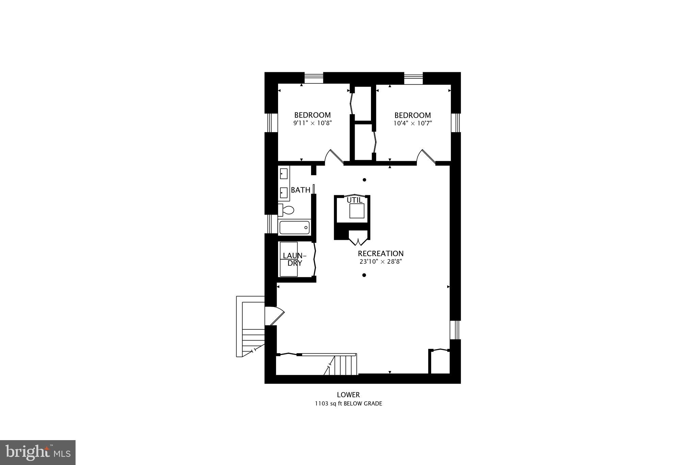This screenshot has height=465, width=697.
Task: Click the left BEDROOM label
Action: click(312, 115)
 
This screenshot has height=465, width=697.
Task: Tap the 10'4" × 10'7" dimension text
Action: click(412, 123)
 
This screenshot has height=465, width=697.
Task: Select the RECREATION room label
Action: click(380, 253)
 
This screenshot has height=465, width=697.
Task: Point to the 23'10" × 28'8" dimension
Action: click(380, 262)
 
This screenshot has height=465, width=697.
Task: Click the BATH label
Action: click(301, 190)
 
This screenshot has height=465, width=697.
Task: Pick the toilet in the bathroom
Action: click(287, 210)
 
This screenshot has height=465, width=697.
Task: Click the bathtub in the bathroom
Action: click(294, 227)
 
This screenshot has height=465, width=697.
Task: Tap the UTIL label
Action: click(355, 200)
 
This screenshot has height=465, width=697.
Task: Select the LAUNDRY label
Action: click(294, 259)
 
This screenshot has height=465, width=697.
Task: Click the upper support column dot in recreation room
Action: click(364, 180)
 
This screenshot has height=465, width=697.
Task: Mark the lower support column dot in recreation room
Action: click(364, 275)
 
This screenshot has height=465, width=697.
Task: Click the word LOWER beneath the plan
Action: click(348, 395)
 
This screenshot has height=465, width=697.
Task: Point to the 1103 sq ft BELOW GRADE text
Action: click(348, 404)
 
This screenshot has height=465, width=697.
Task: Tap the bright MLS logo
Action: click(38, 452)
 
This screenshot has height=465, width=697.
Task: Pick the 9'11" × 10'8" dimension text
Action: click(312, 123)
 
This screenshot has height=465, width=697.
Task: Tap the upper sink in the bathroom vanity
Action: click(283, 174)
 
